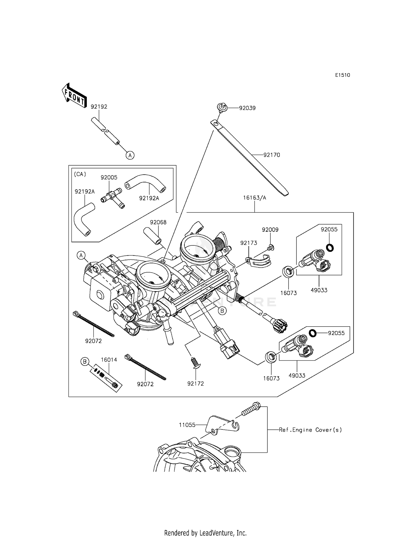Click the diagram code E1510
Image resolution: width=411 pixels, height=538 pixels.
tap(342, 75)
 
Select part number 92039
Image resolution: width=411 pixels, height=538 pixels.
tap(247, 108)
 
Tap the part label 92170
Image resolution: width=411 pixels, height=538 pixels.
tap(272, 155)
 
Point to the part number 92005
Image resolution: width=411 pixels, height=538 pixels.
tap(109, 177)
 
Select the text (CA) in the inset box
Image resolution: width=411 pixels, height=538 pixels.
tap(80, 174)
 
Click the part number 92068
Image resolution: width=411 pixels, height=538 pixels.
tap(158, 222)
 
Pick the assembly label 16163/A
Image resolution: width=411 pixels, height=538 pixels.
tap(255, 198)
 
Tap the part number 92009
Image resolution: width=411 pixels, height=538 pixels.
tap(270, 230)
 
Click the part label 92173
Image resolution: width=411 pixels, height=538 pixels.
tap(249, 243)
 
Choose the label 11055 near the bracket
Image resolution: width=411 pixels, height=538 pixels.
tap(187, 425)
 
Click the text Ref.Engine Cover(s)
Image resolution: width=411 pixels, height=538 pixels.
tap(310, 430)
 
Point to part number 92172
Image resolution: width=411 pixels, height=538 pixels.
tap(196, 384)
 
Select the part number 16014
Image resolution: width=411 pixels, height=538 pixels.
tap(109, 360)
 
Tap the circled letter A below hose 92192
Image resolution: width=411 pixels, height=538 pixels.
tap(130, 155)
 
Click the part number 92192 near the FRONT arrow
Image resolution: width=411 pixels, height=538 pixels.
tap(99, 107)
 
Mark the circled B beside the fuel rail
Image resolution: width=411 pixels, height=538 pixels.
tap(222, 311)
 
